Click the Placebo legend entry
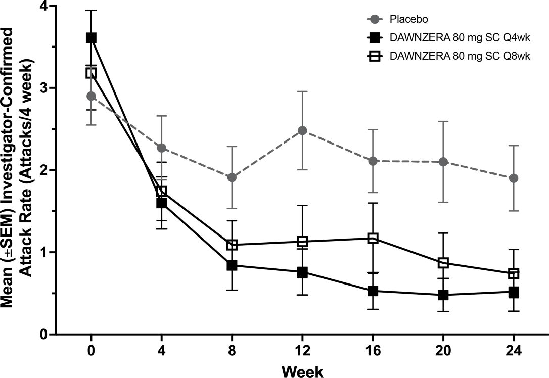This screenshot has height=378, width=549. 408,20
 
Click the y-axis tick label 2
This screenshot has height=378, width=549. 43,170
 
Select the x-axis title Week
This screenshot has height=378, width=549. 302,371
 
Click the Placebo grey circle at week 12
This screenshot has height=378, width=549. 303,130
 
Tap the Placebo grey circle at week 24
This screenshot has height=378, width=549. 514,178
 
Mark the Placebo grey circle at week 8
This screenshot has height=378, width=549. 232,177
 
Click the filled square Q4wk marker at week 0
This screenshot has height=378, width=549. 91,38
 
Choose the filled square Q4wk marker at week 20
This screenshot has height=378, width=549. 443,295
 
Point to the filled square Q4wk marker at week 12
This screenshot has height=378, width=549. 303,272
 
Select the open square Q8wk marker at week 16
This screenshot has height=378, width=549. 373,238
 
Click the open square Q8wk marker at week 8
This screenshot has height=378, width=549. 232,245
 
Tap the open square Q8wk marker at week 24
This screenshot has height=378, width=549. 514,273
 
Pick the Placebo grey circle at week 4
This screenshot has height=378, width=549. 162,148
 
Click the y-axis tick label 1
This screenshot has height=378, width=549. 43,252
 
